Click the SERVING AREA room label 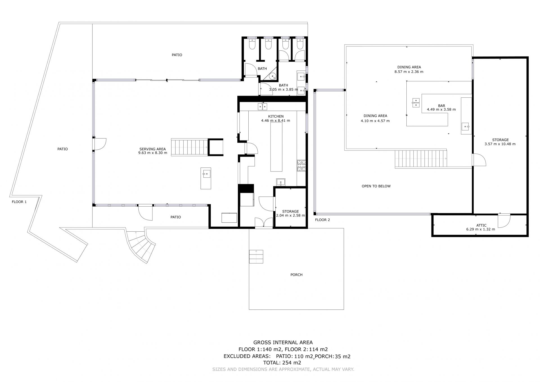(152, 149)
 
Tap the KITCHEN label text (276, 116)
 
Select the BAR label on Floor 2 (441, 106)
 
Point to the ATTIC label (481, 225)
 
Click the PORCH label (296, 275)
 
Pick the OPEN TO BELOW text (376, 186)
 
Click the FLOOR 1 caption (19, 202)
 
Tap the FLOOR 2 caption (322, 220)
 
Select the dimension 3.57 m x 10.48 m (500, 144)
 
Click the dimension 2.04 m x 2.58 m (291, 216)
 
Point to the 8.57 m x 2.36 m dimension (409, 72)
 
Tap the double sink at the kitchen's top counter (263, 106)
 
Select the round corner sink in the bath (272, 76)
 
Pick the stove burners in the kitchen (301, 166)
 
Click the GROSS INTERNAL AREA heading (283, 343)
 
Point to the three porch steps (256, 256)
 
